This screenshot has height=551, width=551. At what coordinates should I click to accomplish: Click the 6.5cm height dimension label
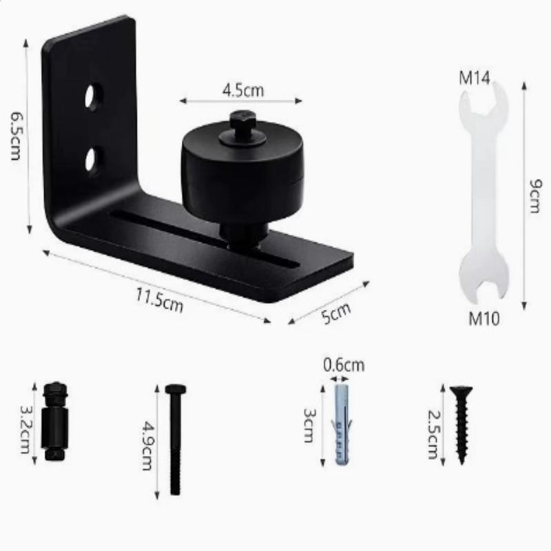tap(16, 136)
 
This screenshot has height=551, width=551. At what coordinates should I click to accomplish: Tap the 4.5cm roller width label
tap(243, 90)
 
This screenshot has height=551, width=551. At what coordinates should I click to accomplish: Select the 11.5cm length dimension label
tap(160, 300)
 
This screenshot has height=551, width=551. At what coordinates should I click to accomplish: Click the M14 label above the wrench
tap(474, 78)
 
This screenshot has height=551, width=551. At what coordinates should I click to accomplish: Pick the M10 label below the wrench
tap(484, 318)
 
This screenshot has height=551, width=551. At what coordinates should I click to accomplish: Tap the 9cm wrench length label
tap(536, 196)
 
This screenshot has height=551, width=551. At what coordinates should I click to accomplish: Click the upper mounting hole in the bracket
tap(93, 96)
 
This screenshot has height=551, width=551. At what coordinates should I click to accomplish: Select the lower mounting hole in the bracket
tap(94, 160)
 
